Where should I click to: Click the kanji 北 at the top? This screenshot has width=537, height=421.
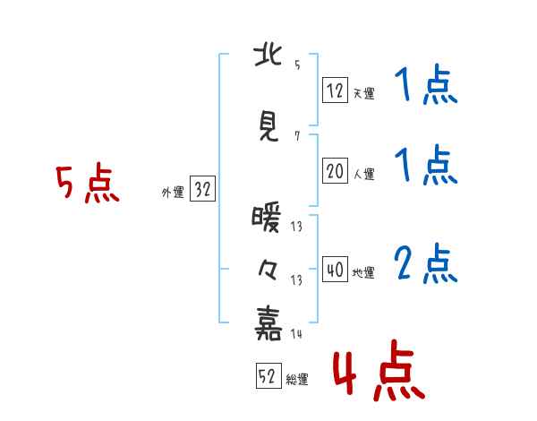coord(268,56)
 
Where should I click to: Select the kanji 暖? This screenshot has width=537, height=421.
coord(267,218)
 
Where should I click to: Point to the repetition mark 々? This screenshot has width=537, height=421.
coord(268,271)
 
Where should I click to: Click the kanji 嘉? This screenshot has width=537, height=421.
coord(268,323)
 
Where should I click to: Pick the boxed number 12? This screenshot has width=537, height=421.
coord(335,90)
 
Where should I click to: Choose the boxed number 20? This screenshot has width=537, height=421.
coord(335,171)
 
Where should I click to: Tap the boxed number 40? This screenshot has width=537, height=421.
coord(335,269)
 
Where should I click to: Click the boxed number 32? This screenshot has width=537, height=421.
coord(202,189)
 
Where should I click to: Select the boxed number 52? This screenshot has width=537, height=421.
coord(268,375)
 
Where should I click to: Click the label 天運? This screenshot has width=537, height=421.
coord(364,93)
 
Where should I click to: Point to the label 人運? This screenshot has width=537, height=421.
coord(364,174)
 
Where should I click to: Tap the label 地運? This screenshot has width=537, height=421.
coord(363,273)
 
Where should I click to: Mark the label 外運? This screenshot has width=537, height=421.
coord(173,193)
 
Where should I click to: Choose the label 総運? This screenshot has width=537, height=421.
coord(297,380)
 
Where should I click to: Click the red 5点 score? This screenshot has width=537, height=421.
coord(88,183)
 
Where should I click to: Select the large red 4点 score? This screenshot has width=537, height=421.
coord(379,370)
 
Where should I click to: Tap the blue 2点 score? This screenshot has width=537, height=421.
coord(426,263)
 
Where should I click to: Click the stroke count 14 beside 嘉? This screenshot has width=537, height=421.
coord(296,333)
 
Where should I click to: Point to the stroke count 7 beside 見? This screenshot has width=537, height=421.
coord(297,136)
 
